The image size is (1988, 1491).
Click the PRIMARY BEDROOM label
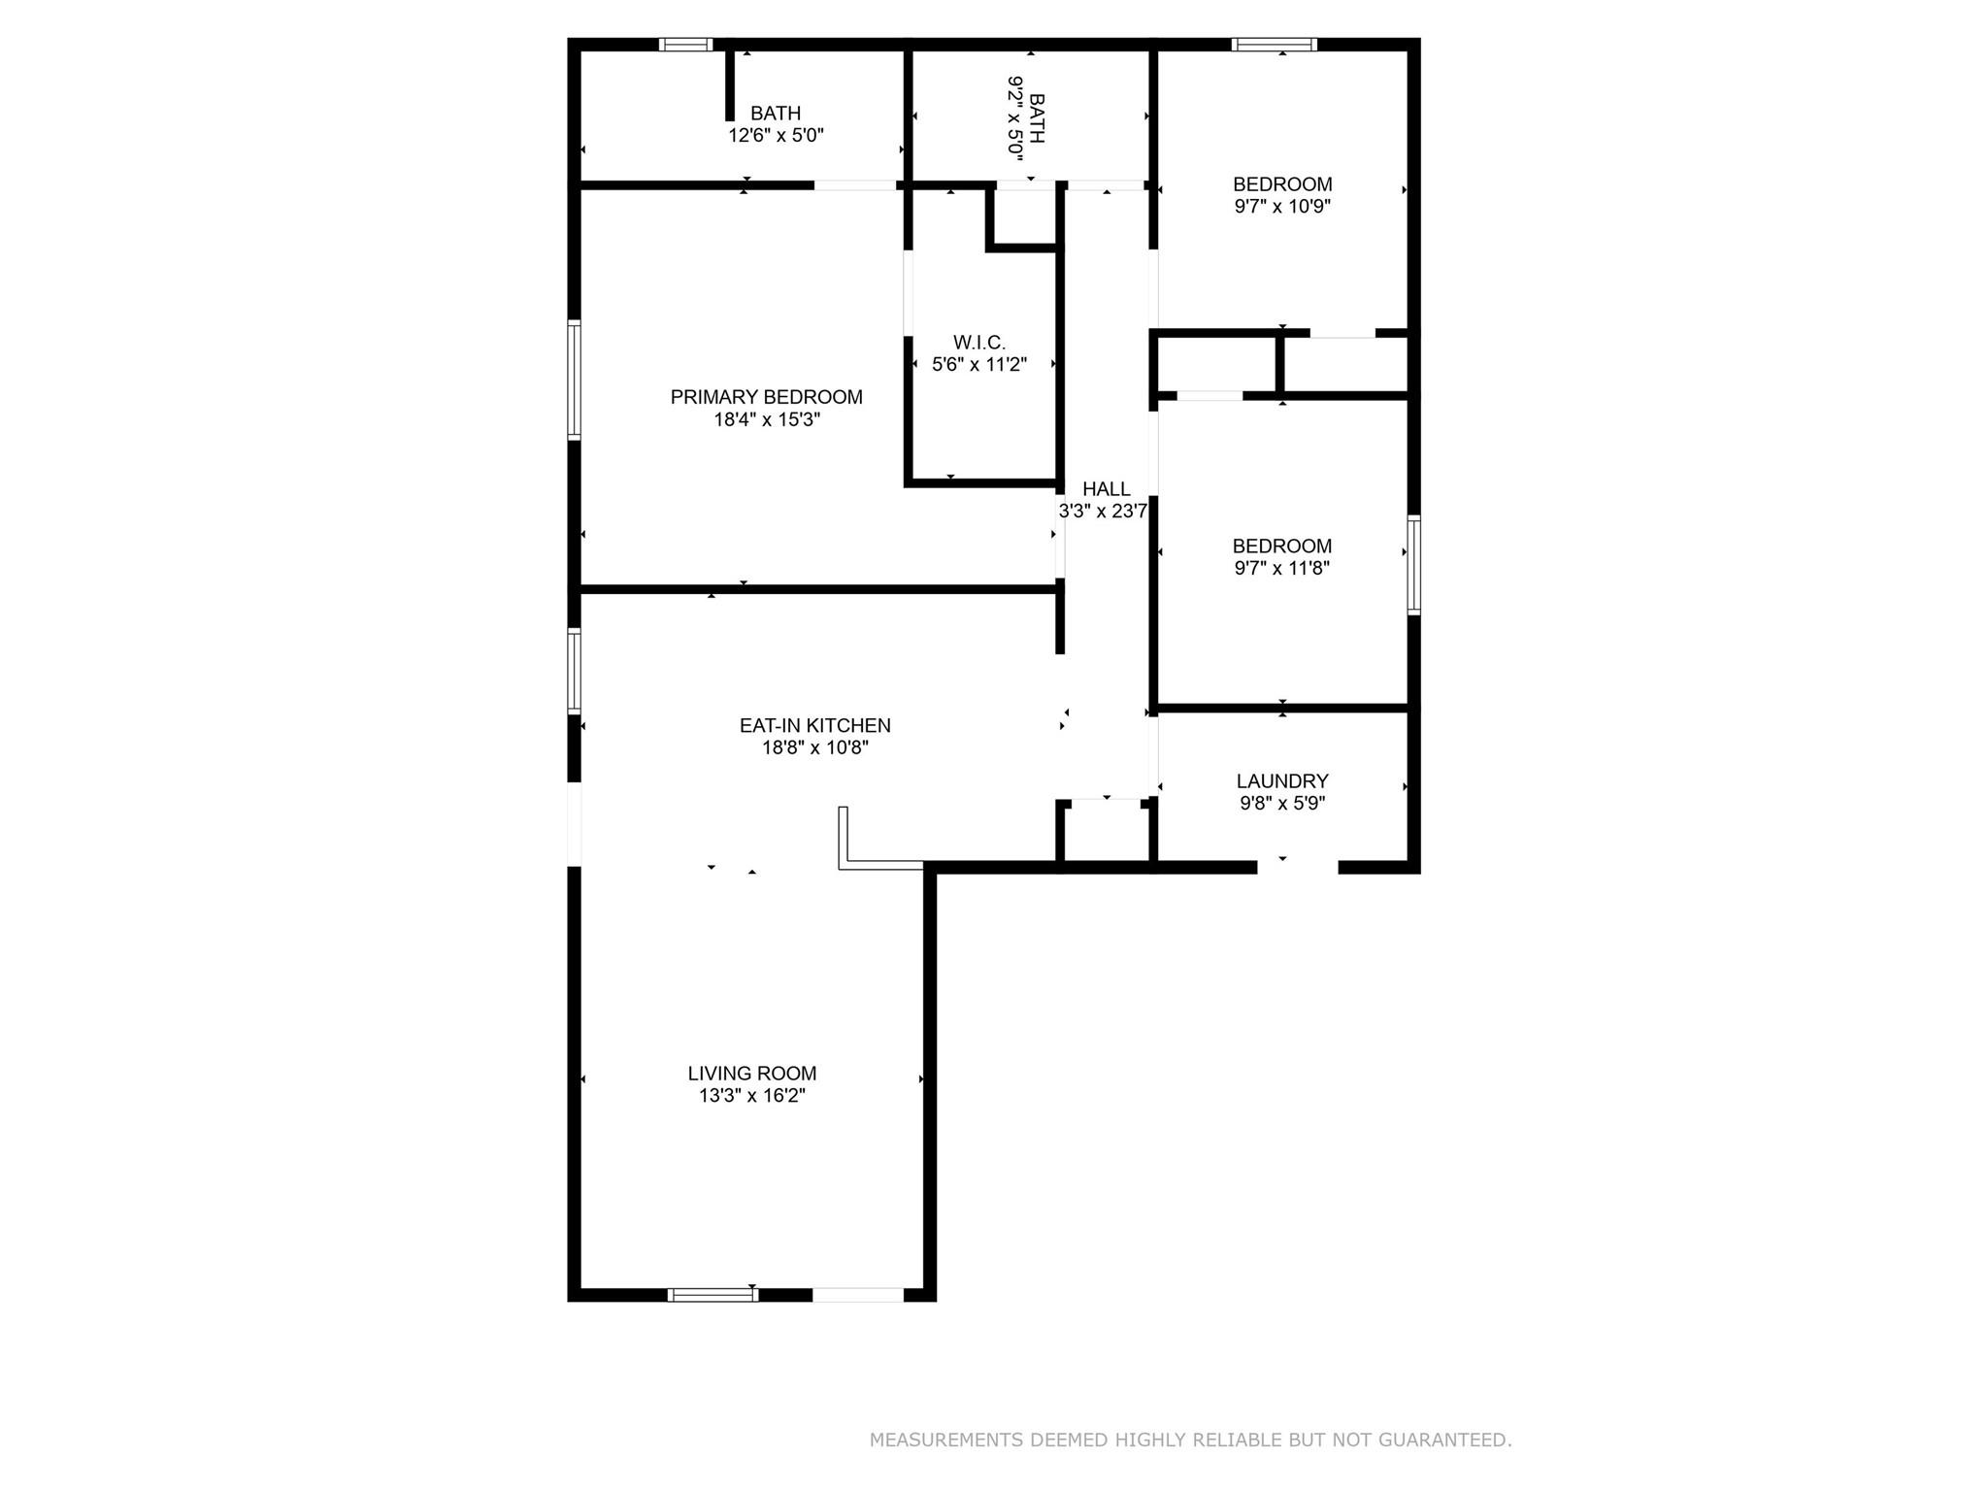(x=766, y=397)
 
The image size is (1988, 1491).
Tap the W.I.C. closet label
(x=978, y=343)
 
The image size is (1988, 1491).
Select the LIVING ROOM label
(x=752, y=1074)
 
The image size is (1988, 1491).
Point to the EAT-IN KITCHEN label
(x=814, y=725)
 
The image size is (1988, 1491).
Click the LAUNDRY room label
(x=1281, y=780)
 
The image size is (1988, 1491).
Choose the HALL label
(x=1106, y=489)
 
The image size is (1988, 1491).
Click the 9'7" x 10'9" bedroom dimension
(x=1281, y=206)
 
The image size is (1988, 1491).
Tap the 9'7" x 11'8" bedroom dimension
(x=1281, y=568)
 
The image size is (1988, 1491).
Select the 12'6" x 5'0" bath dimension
(x=776, y=136)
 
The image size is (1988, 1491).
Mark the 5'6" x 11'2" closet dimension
(x=978, y=365)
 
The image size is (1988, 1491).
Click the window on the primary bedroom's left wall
(x=575, y=380)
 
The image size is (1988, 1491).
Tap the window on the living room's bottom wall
(x=713, y=1294)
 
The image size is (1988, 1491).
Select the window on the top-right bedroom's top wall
(x=1275, y=45)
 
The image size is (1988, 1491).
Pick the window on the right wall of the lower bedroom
(x=1413, y=565)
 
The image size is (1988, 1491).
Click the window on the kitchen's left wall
(x=575, y=672)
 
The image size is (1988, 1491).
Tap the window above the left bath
(x=685, y=45)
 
